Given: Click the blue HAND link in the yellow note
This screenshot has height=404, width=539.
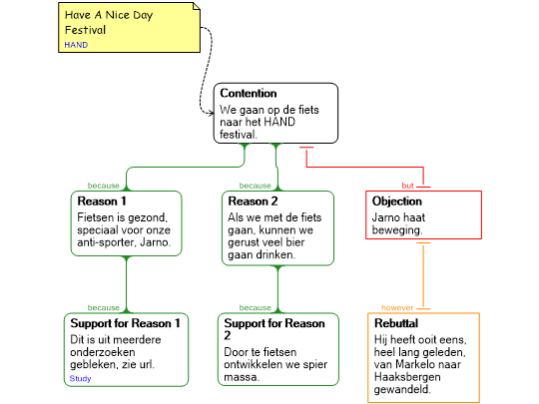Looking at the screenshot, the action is (76, 45).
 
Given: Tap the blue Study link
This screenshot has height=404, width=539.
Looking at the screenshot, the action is (80, 379).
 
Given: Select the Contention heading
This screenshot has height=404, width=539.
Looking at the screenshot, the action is (249, 93).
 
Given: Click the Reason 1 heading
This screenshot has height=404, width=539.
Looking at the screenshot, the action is (102, 201).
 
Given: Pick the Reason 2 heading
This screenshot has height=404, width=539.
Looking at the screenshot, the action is (253, 201).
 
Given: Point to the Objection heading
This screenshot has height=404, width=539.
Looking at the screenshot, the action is (396, 201).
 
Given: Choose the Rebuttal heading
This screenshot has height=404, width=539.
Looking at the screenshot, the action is (396, 323).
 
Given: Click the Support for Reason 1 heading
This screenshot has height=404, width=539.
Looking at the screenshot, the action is (125, 323).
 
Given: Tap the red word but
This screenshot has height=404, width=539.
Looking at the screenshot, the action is (407, 186).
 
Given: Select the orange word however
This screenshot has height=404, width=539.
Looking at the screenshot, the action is (397, 308).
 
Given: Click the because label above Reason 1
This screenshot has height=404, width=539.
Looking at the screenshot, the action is (104, 186).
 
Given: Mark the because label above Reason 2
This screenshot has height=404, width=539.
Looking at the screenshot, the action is (256, 186).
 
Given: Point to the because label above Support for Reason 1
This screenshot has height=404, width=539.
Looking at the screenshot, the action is (104, 308).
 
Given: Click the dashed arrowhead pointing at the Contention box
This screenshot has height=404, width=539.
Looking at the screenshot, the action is (211, 113).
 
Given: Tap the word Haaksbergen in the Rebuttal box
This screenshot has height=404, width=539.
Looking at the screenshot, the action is (407, 377).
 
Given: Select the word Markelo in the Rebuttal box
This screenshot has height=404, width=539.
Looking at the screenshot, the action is (417, 364).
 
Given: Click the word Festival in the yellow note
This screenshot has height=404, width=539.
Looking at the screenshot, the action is (85, 30).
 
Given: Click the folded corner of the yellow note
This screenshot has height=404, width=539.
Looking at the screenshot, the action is (197, 6).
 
